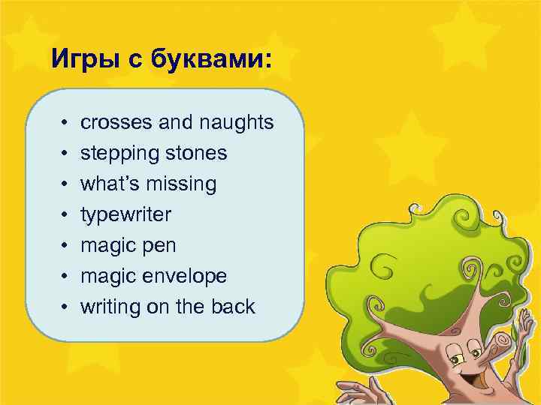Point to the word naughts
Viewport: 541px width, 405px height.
(x=236, y=122)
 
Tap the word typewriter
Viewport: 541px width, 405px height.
(x=125, y=215)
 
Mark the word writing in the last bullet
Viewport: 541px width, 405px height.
(x=109, y=307)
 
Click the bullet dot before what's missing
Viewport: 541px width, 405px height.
(x=66, y=184)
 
